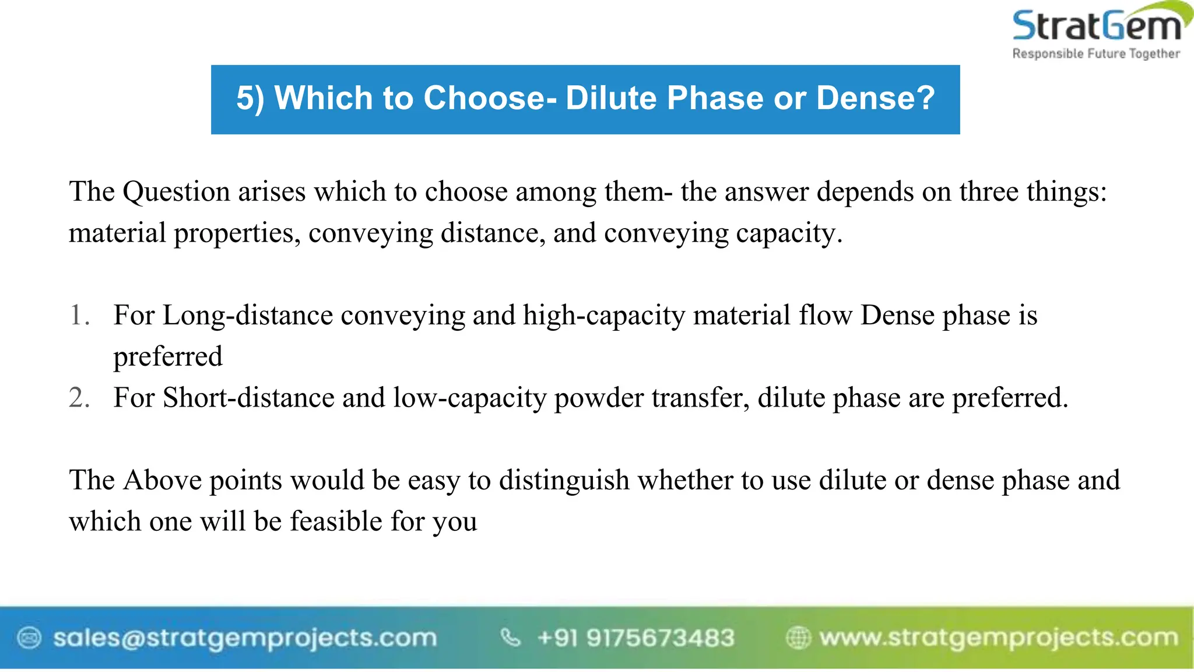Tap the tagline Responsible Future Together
click(x=1096, y=54)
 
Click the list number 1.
click(x=79, y=315)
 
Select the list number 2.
click(x=79, y=398)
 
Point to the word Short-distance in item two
click(x=248, y=398)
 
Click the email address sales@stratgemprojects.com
click(x=245, y=638)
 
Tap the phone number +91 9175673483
click(x=635, y=638)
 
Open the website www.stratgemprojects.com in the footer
click(x=998, y=638)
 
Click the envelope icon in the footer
click(x=29, y=638)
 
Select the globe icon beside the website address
click(x=798, y=638)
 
